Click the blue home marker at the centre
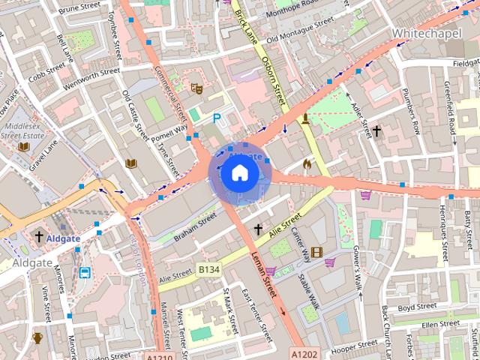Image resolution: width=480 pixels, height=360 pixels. pos(238,173)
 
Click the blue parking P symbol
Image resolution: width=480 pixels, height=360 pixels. pos(217,118)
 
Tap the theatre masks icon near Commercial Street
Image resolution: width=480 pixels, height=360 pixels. pos(196,88)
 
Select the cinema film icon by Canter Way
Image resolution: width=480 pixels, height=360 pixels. pos(316,252)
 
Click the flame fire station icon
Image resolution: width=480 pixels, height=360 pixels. pos(306,163)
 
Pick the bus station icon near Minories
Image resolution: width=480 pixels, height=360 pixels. pos(85,273)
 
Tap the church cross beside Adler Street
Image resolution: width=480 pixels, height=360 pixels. pos(376,132)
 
